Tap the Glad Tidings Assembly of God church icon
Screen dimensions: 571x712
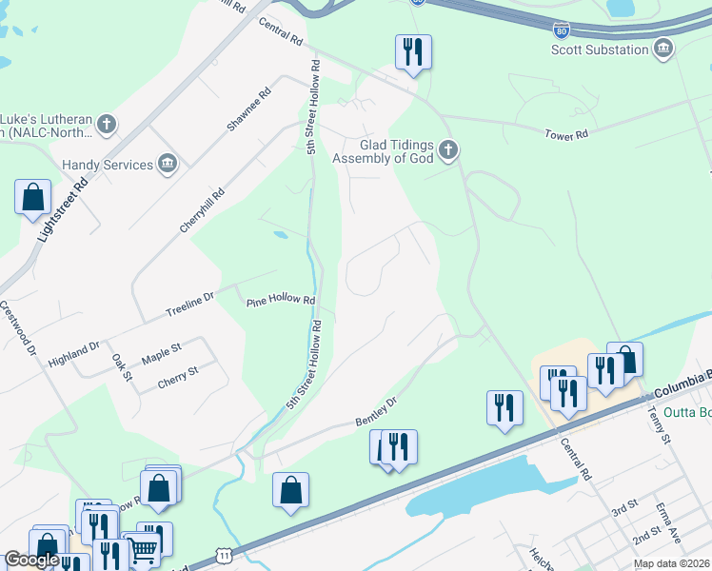tap(447, 149)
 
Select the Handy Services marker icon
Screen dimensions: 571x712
tap(168, 165)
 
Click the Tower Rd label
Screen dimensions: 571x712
tap(566, 135)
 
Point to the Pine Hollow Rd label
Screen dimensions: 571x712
tap(281, 300)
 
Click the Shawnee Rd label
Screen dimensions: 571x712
tap(249, 109)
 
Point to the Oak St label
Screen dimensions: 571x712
tap(122, 367)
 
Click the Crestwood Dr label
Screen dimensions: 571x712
tap(18, 329)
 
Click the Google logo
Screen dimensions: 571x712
tap(31, 560)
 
